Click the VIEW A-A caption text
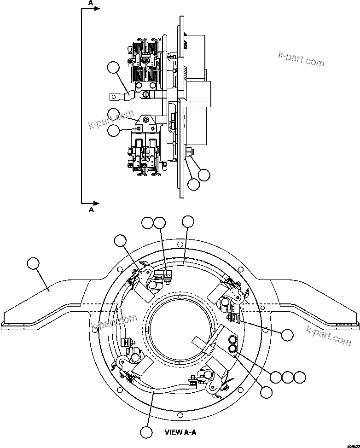pos(181,432)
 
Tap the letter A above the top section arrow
pos(91,3)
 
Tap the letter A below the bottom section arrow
pos(91,209)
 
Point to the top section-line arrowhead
pos(97,9)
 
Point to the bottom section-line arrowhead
pos(97,203)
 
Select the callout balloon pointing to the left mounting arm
pos(34,264)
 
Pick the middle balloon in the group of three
pos(288,377)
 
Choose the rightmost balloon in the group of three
pos(300,377)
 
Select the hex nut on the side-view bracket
pos(145,120)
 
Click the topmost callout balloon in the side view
pos(112,68)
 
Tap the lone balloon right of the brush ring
pos(287,335)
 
